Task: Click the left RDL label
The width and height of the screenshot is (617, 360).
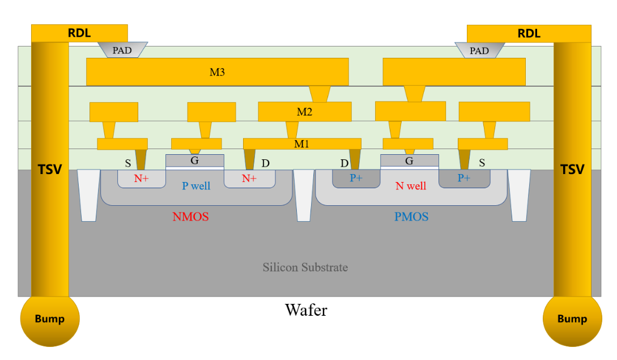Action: pos(79,33)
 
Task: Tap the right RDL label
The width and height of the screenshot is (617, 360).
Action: pos(529,33)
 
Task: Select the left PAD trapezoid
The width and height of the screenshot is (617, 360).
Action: pos(122,50)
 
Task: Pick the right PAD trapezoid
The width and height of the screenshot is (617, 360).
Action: pos(479,50)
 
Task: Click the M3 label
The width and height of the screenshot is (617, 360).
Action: pos(217,72)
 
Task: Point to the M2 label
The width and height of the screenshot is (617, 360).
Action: pos(305,112)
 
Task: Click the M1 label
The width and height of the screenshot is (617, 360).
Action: pos(301,144)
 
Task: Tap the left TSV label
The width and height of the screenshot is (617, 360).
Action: pos(49,169)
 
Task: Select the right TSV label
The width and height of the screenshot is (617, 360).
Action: pos(572,169)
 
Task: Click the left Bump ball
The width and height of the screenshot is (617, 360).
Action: pos(50,319)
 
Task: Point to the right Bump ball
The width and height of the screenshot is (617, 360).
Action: pos(572,319)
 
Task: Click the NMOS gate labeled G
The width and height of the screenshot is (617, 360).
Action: pos(194,160)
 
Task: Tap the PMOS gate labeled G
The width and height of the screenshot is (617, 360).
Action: pos(409,161)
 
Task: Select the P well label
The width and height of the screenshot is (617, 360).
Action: pos(195,185)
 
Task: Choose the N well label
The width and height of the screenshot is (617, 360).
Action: pos(411,185)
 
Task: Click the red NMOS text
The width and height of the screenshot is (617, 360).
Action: pos(190,217)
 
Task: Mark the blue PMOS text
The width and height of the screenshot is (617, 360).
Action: pos(411,217)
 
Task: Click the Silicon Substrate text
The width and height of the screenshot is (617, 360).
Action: pos(305,267)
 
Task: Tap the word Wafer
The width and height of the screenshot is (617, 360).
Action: pos(306,310)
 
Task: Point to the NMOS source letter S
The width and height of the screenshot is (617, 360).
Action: pos(128,163)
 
